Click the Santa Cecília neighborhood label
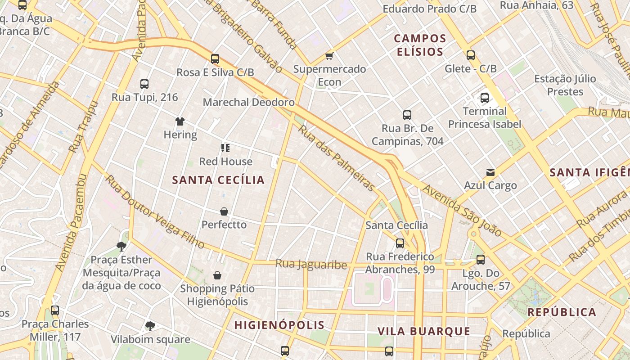coord(218,180)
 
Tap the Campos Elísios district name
coord(420,45)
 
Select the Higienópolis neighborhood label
coord(279,325)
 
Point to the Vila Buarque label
coord(423,332)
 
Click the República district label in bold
coord(562,312)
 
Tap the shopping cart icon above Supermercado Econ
coord(329,56)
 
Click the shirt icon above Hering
coord(180,121)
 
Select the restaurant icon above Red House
coord(225,148)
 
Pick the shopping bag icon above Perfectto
coord(224,211)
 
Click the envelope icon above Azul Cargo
coord(490,172)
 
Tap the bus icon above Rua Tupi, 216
coord(144,84)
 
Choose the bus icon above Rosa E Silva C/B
coord(215,58)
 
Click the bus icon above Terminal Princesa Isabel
coord(485,98)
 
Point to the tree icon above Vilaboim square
coord(150,326)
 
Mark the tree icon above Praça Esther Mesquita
coord(121,246)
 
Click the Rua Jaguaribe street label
coord(311,264)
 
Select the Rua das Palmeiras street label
coord(337,157)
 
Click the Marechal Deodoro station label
coord(248,102)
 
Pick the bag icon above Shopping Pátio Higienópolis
coord(217,275)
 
